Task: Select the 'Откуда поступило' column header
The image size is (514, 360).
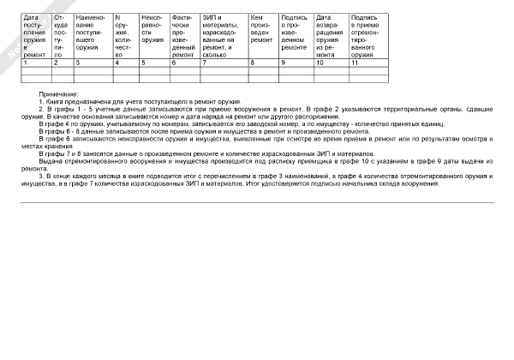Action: click(61, 35)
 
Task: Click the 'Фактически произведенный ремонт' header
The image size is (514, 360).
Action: click(184, 35)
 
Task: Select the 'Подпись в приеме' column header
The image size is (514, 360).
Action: click(366, 35)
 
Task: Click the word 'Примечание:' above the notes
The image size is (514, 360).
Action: click(59, 93)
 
